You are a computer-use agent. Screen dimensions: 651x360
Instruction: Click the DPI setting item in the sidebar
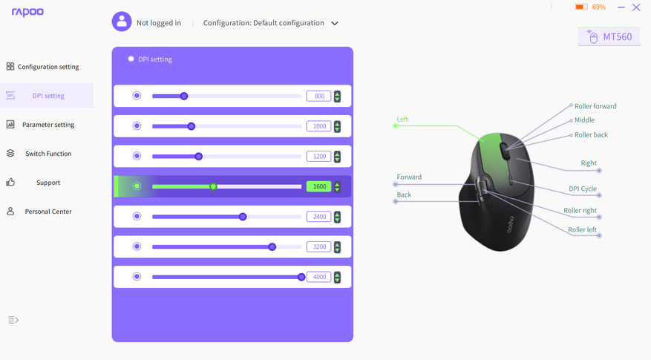pos(47,96)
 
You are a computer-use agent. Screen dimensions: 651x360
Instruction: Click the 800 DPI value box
pos(319,96)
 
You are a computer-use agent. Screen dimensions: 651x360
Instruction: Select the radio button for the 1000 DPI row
pos(137,125)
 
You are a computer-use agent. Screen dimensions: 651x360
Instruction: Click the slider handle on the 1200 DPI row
pos(198,156)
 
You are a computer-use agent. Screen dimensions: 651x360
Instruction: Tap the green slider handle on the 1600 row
pos(213,186)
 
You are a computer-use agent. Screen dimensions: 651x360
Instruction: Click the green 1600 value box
pos(319,186)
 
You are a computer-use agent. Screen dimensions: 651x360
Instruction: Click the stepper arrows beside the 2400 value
pos(337,217)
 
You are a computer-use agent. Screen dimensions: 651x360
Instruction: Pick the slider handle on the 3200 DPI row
pos(272,246)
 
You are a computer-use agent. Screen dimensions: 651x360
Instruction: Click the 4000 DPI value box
pos(319,277)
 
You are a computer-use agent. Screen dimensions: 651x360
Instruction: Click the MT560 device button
pos(609,37)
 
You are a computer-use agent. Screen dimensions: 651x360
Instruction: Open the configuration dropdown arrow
pos(335,23)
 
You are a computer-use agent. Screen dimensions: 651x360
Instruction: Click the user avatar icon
pos(122,22)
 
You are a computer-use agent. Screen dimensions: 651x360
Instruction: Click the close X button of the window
pos(636,7)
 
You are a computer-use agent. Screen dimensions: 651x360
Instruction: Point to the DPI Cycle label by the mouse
pos(583,189)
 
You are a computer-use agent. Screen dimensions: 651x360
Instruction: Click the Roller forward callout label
pos(595,106)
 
